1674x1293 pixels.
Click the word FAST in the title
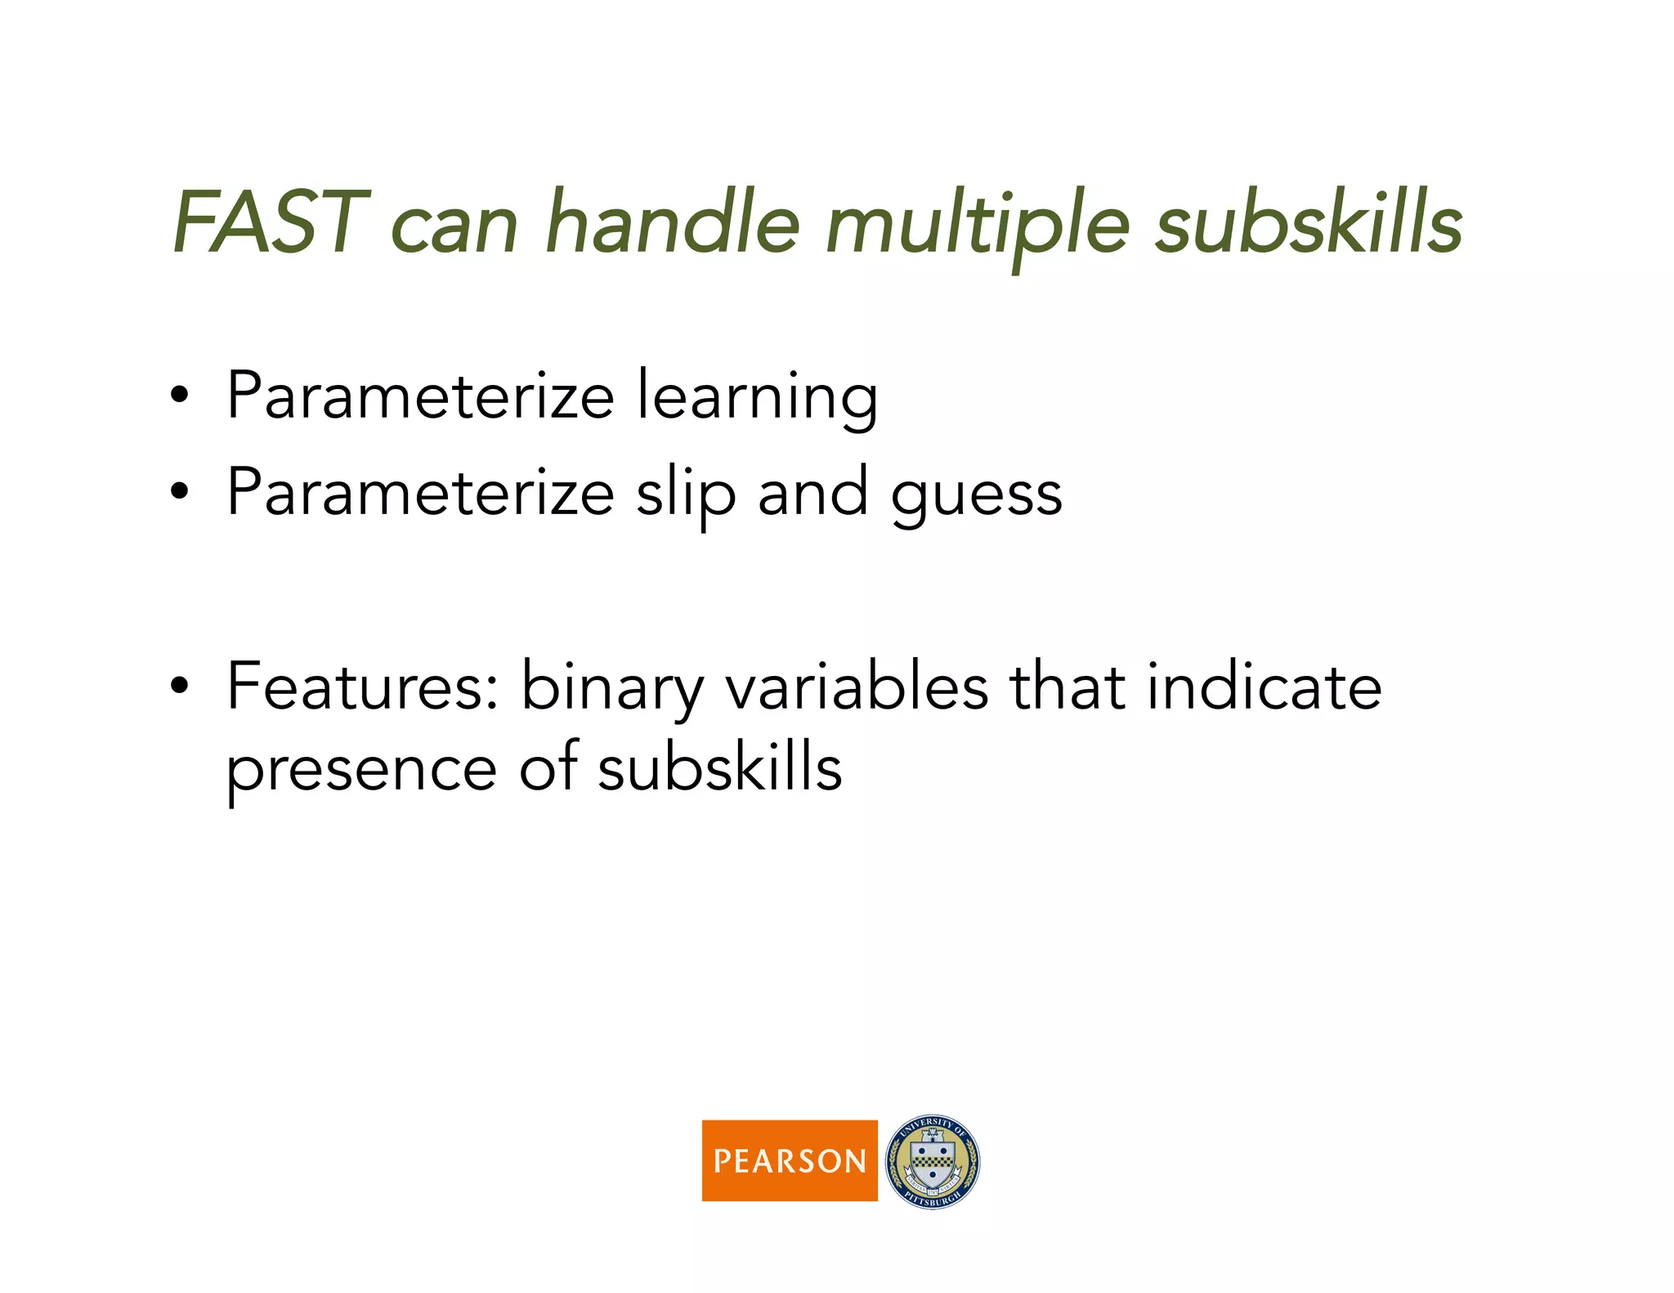[x=270, y=222]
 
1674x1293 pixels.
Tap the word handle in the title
[x=672, y=222]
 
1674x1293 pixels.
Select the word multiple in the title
[x=978, y=225]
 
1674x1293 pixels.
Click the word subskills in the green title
[x=1309, y=222]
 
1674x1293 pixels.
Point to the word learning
[x=757, y=398]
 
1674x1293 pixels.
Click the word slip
[x=685, y=494]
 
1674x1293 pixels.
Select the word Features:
[x=363, y=687]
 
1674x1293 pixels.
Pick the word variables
[x=857, y=687]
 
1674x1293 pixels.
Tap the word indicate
[x=1264, y=687]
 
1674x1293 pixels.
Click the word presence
[x=361, y=770]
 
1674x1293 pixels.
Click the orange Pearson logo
[x=789, y=1160]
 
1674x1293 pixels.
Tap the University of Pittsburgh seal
[x=933, y=1161]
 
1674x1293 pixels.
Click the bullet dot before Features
[x=180, y=687]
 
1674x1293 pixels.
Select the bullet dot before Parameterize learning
[x=180, y=397]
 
